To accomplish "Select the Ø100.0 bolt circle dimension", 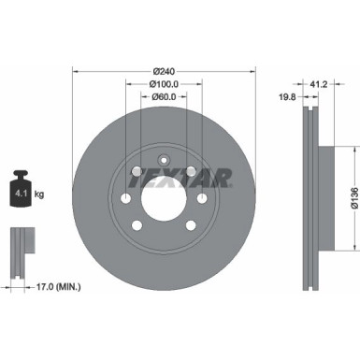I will point(163,83).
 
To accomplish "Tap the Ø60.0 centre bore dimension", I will point(163,97).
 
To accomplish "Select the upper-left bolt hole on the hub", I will point(137,170).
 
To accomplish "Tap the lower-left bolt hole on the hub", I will point(137,223).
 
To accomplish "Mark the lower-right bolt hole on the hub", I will point(190,223).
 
